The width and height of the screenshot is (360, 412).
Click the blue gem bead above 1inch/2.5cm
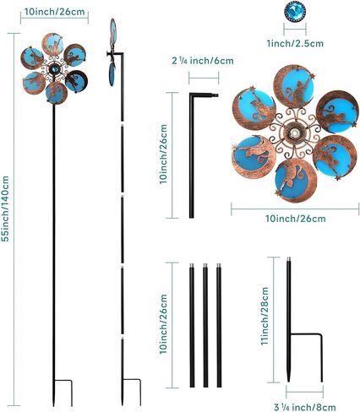(295, 12)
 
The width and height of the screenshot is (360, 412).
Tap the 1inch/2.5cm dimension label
(295, 43)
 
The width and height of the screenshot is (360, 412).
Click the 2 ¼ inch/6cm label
(203, 61)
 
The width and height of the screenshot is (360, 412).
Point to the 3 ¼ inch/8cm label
(305, 407)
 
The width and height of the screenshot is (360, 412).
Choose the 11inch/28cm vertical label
(265, 316)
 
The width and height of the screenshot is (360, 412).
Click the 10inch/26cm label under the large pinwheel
(296, 219)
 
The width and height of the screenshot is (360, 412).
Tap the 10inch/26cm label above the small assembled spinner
(54, 12)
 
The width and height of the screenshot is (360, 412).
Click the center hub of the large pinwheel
(295, 133)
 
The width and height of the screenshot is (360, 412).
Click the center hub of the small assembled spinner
(53, 68)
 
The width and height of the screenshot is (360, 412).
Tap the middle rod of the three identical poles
(205, 325)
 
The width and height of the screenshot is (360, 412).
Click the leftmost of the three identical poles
(192, 325)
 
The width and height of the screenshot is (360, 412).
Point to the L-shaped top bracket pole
(192, 155)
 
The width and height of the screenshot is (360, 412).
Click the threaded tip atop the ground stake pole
(288, 259)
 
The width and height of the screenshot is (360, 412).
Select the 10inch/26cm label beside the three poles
(164, 324)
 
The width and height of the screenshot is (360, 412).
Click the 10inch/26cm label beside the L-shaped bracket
(164, 154)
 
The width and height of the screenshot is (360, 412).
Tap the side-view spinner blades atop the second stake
(112, 52)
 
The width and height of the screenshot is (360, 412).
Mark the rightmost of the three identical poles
(219, 325)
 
